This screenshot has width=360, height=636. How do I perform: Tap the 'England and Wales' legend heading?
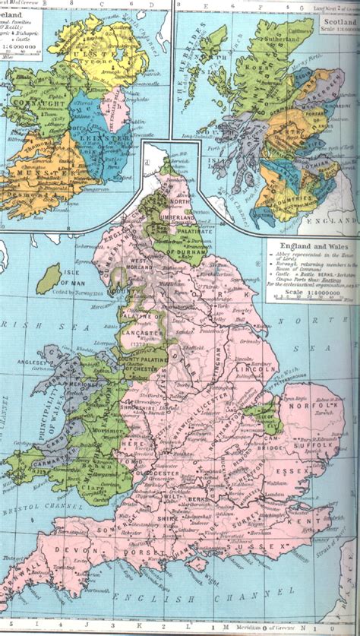[x=312, y=246]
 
